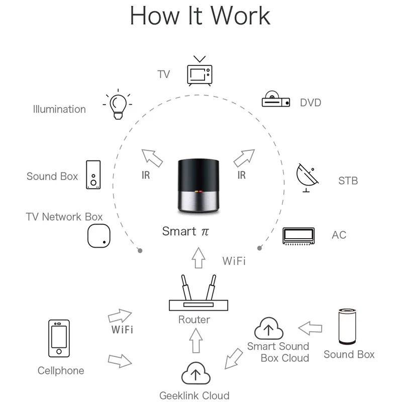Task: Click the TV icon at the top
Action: pyautogui.click(x=200, y=73)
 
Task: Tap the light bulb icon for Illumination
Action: pyautogui.click(x=117, y=105)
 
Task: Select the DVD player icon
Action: pyautogui.click(x=276, y=99)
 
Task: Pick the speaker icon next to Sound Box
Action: pyautogui.click(x=93, y=175)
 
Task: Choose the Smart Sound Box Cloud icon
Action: pyautogui.click(x=269, y=329)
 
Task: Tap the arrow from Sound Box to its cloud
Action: pyautogui.click(x=310, y=328)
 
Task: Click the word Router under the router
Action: pyautogui.click(x=194, y=320)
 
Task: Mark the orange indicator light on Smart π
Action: pyautogui.click(x=197, y=192)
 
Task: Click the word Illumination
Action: pyautogui.click(x=59, y=109)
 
